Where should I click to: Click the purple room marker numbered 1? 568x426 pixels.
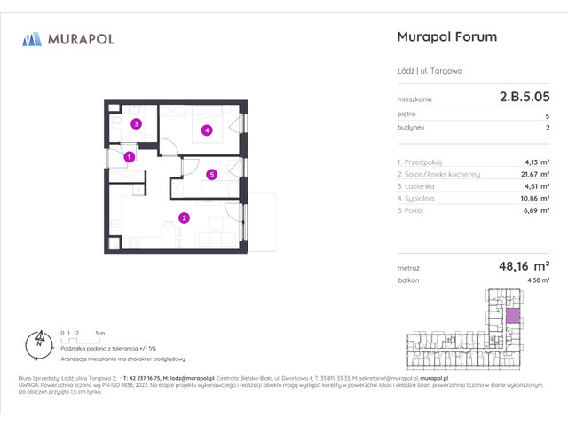pos(130,157)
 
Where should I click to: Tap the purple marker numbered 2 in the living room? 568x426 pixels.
pos(184,217)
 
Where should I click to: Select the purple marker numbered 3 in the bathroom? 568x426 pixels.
pos(136,124)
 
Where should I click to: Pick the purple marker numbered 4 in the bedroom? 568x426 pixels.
pos(206,131)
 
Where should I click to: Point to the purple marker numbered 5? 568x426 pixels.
pos(211,175)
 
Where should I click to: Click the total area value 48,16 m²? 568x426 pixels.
pos(521,264)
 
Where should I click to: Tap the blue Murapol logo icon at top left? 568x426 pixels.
pos(32,39)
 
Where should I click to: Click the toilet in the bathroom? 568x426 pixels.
pos(118,122)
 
